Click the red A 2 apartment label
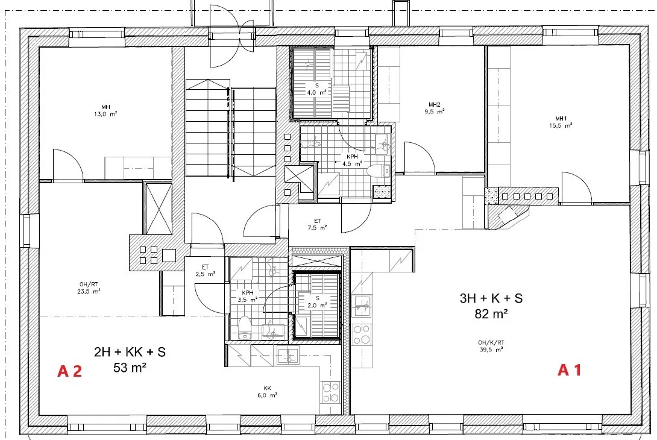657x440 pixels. (x=69, y=371)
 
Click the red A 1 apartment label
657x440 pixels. (x=570, y=370)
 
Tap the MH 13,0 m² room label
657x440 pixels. (x=105, y=111)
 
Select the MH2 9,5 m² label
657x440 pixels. (x=435, y=108)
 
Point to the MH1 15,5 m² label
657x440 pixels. (x=561, y=122)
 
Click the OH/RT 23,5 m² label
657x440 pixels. (x=89, y=288)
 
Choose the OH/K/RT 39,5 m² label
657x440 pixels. (x=491, y=346)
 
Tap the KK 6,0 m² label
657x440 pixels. (x=268, y=392)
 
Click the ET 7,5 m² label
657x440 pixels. (x=317, y=224)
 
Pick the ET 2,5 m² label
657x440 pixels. (x=206, y=270)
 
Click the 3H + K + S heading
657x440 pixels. (x=491, y=298)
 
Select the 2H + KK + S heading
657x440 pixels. (x=130, y=352)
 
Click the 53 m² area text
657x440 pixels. (x=130, y=368)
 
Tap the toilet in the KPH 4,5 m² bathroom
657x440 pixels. (x=379, y=171)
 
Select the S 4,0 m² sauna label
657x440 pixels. (x=317, y=89)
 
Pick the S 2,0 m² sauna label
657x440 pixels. (x=317, y=302)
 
